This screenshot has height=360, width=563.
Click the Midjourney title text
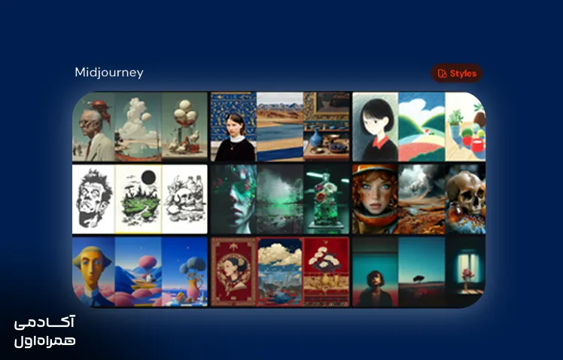tap(109, 72)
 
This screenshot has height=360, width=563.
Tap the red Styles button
tap(457, 73)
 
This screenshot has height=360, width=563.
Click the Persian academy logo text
tap(45, 331)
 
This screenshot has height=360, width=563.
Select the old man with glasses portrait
tap(93, 133)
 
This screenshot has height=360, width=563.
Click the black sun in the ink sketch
tap(148, 178)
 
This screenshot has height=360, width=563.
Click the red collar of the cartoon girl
tap(380, 142)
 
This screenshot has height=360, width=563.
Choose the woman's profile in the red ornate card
tap(234, 272)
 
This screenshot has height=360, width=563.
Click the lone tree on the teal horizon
tap(418, 279)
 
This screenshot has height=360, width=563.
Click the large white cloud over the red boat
tap(135, 118)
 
